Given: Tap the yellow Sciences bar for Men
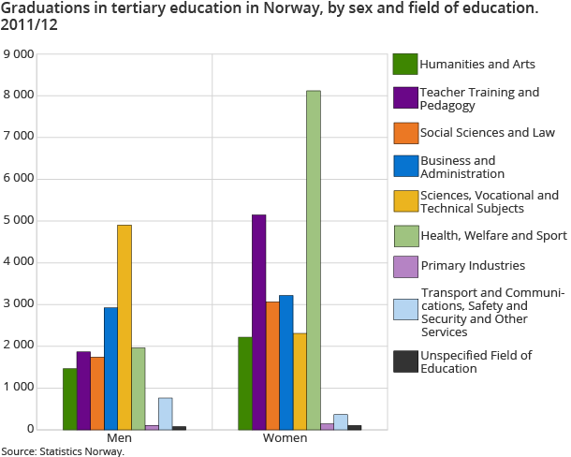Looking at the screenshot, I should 124,327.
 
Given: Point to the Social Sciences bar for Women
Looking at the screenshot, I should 272,365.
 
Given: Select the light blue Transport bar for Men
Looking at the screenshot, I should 165,413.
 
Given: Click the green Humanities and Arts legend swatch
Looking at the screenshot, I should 404,64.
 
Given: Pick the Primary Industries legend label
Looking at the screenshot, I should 472,265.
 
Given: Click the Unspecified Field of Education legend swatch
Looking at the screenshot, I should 404,361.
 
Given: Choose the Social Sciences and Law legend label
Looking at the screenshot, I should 487,132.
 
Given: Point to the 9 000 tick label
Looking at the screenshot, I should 19,53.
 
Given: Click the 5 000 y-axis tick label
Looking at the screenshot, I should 19,221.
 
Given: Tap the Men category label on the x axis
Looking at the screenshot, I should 119,438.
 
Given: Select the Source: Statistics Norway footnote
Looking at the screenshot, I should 62,450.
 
